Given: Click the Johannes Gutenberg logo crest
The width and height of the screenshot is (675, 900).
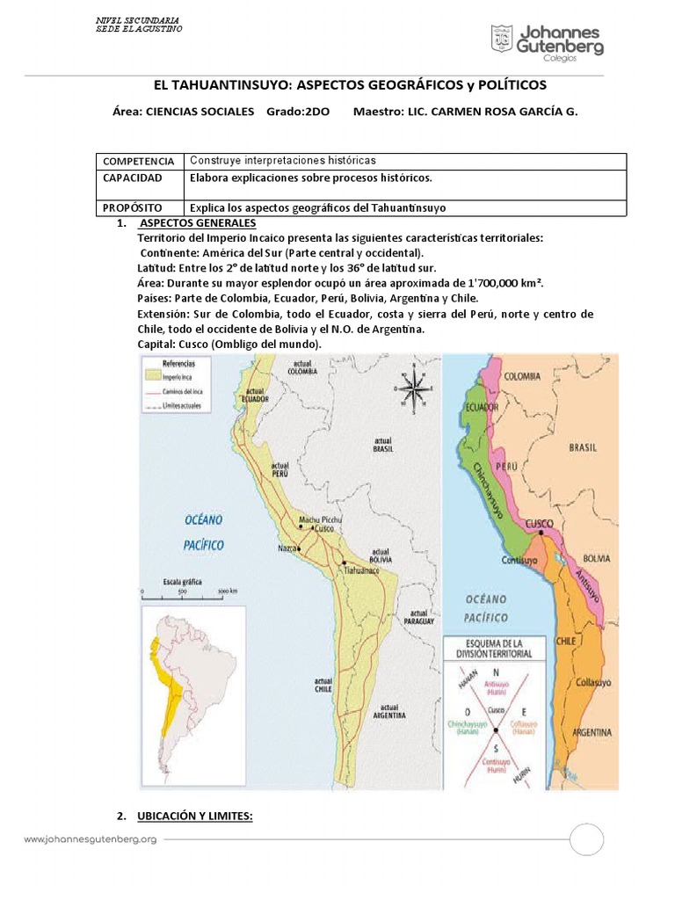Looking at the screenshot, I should pos(503,39).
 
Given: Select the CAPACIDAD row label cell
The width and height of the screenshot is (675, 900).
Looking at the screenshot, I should pos(132,178).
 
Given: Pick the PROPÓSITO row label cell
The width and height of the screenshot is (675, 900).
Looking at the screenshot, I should pos(131,208).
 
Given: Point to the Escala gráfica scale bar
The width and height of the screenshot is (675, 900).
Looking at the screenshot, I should pos(186,592).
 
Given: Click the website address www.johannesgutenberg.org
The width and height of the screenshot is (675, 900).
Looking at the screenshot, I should pos(90,839).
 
